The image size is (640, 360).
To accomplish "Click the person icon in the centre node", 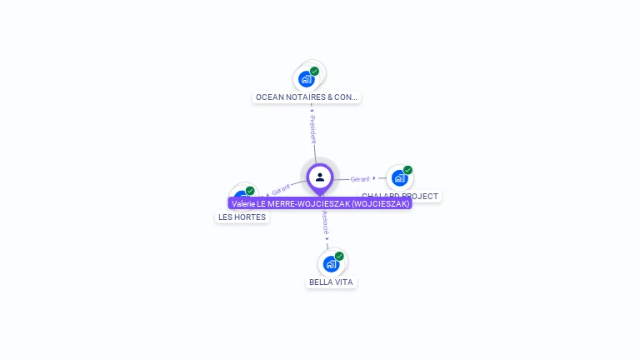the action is pyautogui.click(x=320, y=177).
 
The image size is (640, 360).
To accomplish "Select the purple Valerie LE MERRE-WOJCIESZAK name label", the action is pyautogui.click(x=320, y=203).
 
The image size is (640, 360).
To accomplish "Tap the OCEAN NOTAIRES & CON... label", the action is pyautogui.click(x=307, y=97).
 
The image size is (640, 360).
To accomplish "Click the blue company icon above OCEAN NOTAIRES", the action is pyautogui.click(x=306, y=79).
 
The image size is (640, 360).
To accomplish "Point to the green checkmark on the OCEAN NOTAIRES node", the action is pyautogui.click(x=314, y=72).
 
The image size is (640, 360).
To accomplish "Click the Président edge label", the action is pyautogui.click(x=312, y=129).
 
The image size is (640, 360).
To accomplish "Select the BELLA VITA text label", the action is pyautogui.click(x=331, y=282).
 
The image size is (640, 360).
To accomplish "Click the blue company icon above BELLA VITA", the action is pyautogui.click(x=331, y=264).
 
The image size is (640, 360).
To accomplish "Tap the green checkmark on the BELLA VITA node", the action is pyautogui.click(x=339, y=257).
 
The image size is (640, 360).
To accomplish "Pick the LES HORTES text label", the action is pyautogui.click(x=242, y=217).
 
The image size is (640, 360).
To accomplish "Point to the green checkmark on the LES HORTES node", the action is pyautogui.click(x=250, y=191).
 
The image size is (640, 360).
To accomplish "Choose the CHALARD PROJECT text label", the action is pyautogui.click(x=401, y=197).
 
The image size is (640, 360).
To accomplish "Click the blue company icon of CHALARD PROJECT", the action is pyautogui.click(x=399, y=178).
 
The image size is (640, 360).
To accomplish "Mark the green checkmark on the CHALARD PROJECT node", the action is pyautogui.click(x=407, y=171).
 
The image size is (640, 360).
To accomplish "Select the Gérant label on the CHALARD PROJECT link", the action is pyautogui.click(x=360, y=179).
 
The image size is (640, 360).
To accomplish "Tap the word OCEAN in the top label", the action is pyautogui.click(x=269, y=97).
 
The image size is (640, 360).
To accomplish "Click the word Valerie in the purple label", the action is pyautogui.click(x=243, y=203).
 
